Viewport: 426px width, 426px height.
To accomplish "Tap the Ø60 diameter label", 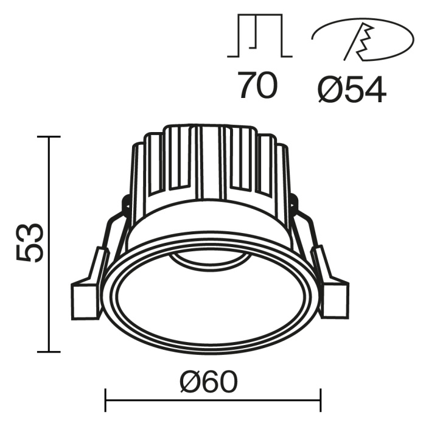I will [208, 382].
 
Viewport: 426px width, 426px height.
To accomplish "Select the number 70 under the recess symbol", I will [257, 86].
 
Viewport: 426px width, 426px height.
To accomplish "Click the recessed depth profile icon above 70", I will [260, 38].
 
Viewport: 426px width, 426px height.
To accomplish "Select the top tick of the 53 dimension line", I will [49, 137].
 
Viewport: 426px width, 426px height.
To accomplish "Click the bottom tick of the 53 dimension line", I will [49, 352].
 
